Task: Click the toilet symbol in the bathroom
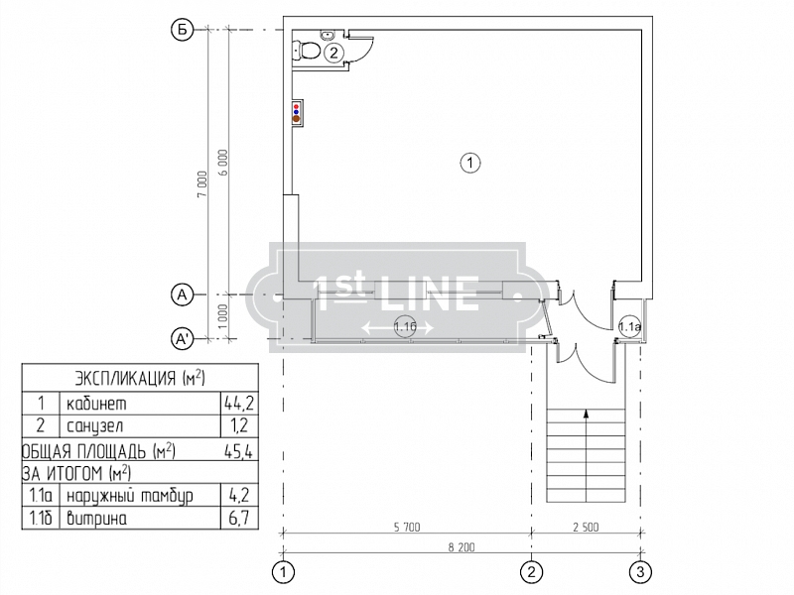point(306,52)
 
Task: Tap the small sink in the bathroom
point(328,34)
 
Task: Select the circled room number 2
point(333,53)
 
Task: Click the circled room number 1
point(469,163)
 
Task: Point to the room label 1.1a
point(630,326)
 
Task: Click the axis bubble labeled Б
point(182,30)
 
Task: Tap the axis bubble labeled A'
point(182,339)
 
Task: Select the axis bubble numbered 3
point(640,572)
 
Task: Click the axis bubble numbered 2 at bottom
point(531,572)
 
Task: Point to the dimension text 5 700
point(407,527)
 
